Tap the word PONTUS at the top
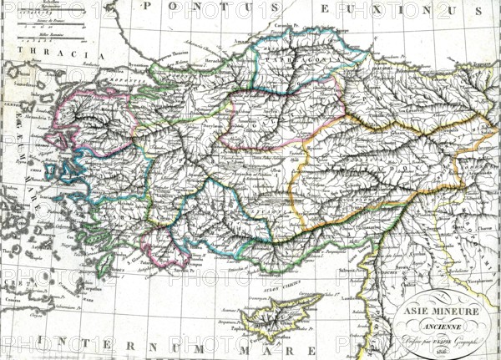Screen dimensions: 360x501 (x=200, y=9)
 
